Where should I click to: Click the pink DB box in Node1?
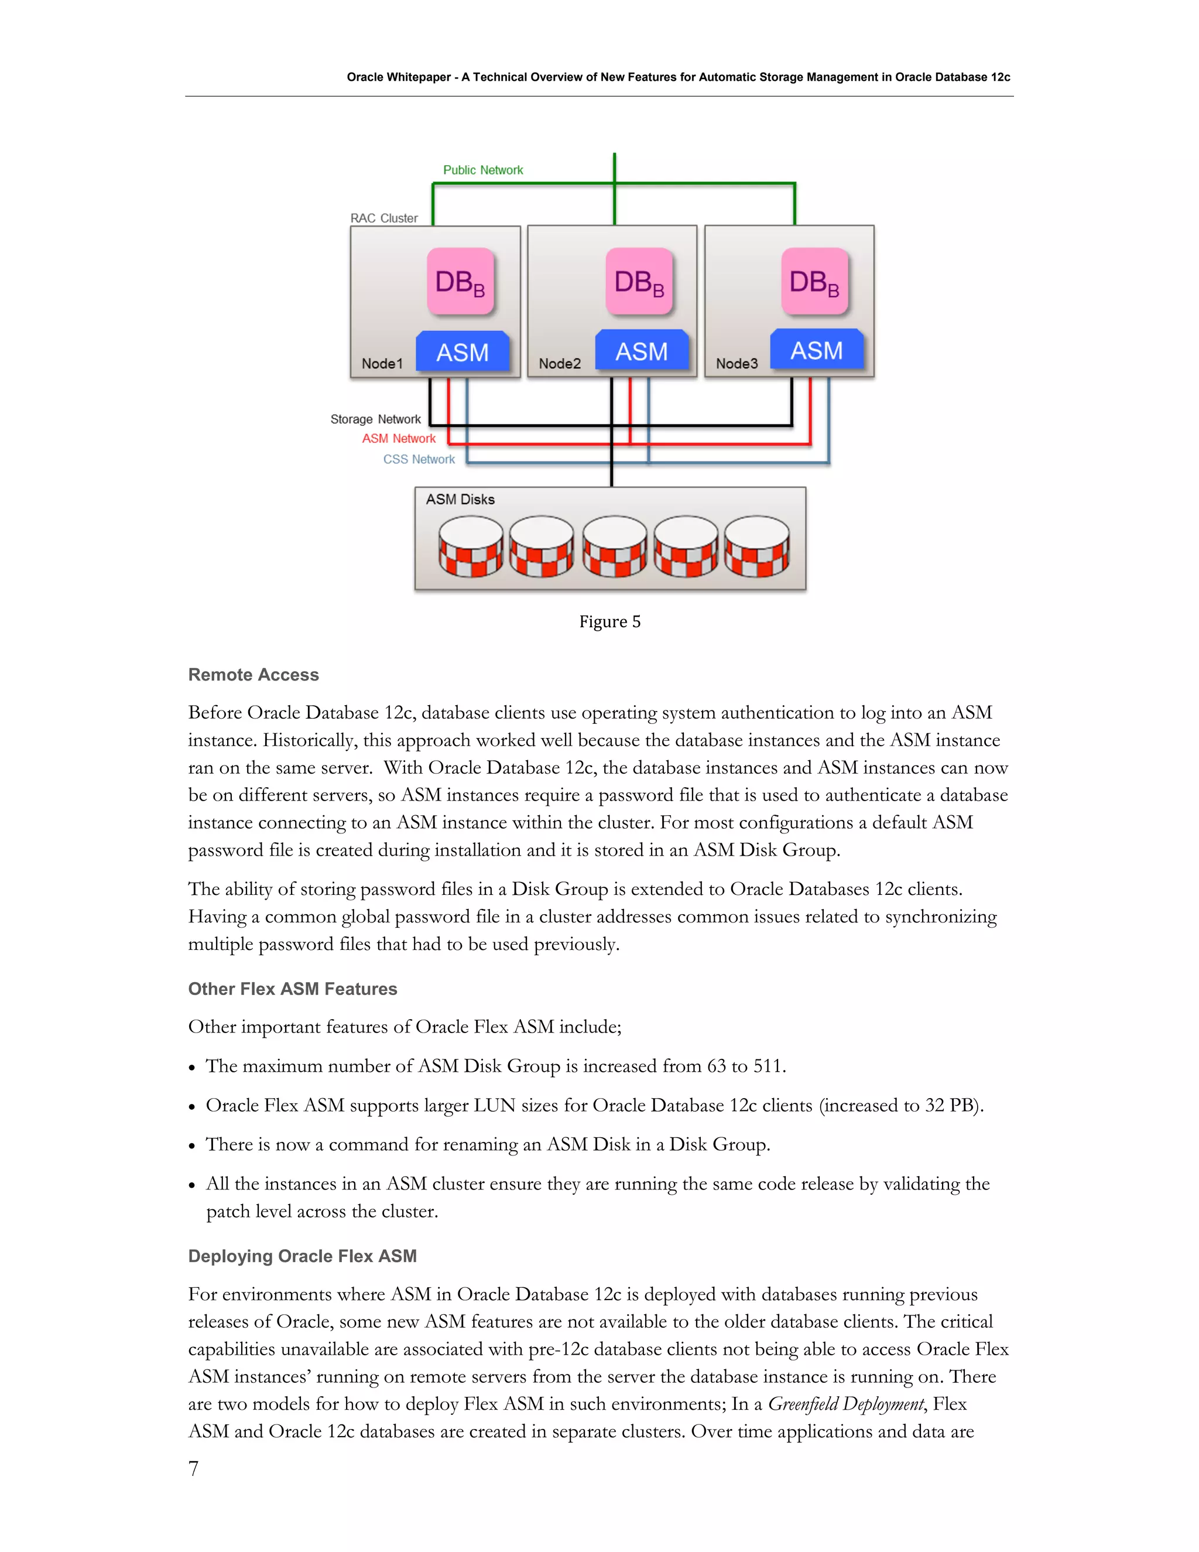(x=460, y=281)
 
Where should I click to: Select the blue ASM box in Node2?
(x=642, y=351)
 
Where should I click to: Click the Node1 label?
(x=382, y=364)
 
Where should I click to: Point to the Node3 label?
(x=736, y=364)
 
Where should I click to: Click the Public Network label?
(x=483, y=170)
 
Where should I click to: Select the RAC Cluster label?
(x=383, y=218)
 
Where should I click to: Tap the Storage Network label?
(x=375, y=419)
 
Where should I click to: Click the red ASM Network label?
(x=399, y=439)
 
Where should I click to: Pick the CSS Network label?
(x=419, y=459)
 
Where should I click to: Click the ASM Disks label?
(x=460, y=500)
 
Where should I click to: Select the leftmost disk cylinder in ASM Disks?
(x=470, y=546)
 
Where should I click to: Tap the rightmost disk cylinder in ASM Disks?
(x=756, y=546)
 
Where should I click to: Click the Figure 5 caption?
(x=609, y=622)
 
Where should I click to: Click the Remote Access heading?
(x=253, y=674)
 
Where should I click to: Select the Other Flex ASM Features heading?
(x=293, y=989)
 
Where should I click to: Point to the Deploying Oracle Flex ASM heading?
(x=303, y=1256)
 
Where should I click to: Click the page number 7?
(x=193, y=1468)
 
